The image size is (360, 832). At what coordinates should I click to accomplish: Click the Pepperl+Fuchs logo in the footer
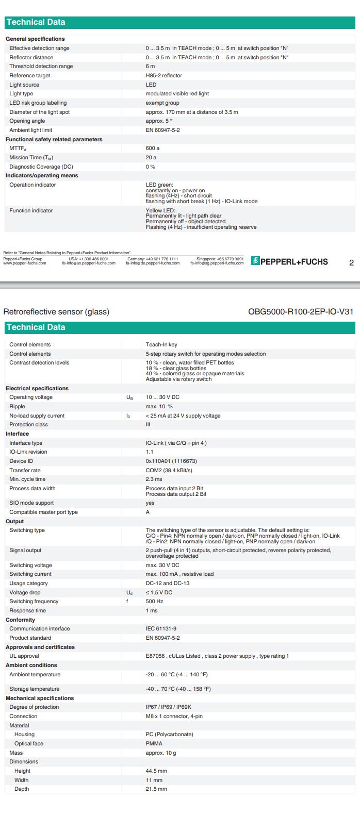289,261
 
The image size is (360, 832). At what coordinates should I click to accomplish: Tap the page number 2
351,262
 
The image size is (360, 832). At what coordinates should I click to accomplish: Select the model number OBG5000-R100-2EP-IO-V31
301,311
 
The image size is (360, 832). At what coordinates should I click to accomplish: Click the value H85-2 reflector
163,75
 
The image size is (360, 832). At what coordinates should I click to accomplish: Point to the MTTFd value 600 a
152,148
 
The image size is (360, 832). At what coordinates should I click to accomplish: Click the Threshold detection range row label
41,66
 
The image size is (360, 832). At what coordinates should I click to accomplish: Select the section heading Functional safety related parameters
54,140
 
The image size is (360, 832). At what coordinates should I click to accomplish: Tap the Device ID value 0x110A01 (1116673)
171,461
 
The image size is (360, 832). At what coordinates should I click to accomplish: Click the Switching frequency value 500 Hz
154,602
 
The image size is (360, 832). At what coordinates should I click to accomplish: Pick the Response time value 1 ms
151,611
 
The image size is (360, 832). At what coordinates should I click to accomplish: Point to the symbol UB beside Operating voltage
129,397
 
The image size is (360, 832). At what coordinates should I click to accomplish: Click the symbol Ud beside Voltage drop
129,593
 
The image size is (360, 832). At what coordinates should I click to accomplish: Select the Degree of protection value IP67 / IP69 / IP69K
168,707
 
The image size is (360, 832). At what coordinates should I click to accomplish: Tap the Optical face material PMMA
154,744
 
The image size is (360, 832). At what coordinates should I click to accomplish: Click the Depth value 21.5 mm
156,789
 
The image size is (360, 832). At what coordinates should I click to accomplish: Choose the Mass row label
16,753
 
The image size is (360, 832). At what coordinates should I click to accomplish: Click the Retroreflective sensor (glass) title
56,311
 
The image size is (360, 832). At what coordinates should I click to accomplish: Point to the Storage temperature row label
34,689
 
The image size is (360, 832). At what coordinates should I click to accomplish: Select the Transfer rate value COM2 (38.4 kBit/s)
169,471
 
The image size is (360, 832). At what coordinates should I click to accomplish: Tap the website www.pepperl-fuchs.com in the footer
25,263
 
